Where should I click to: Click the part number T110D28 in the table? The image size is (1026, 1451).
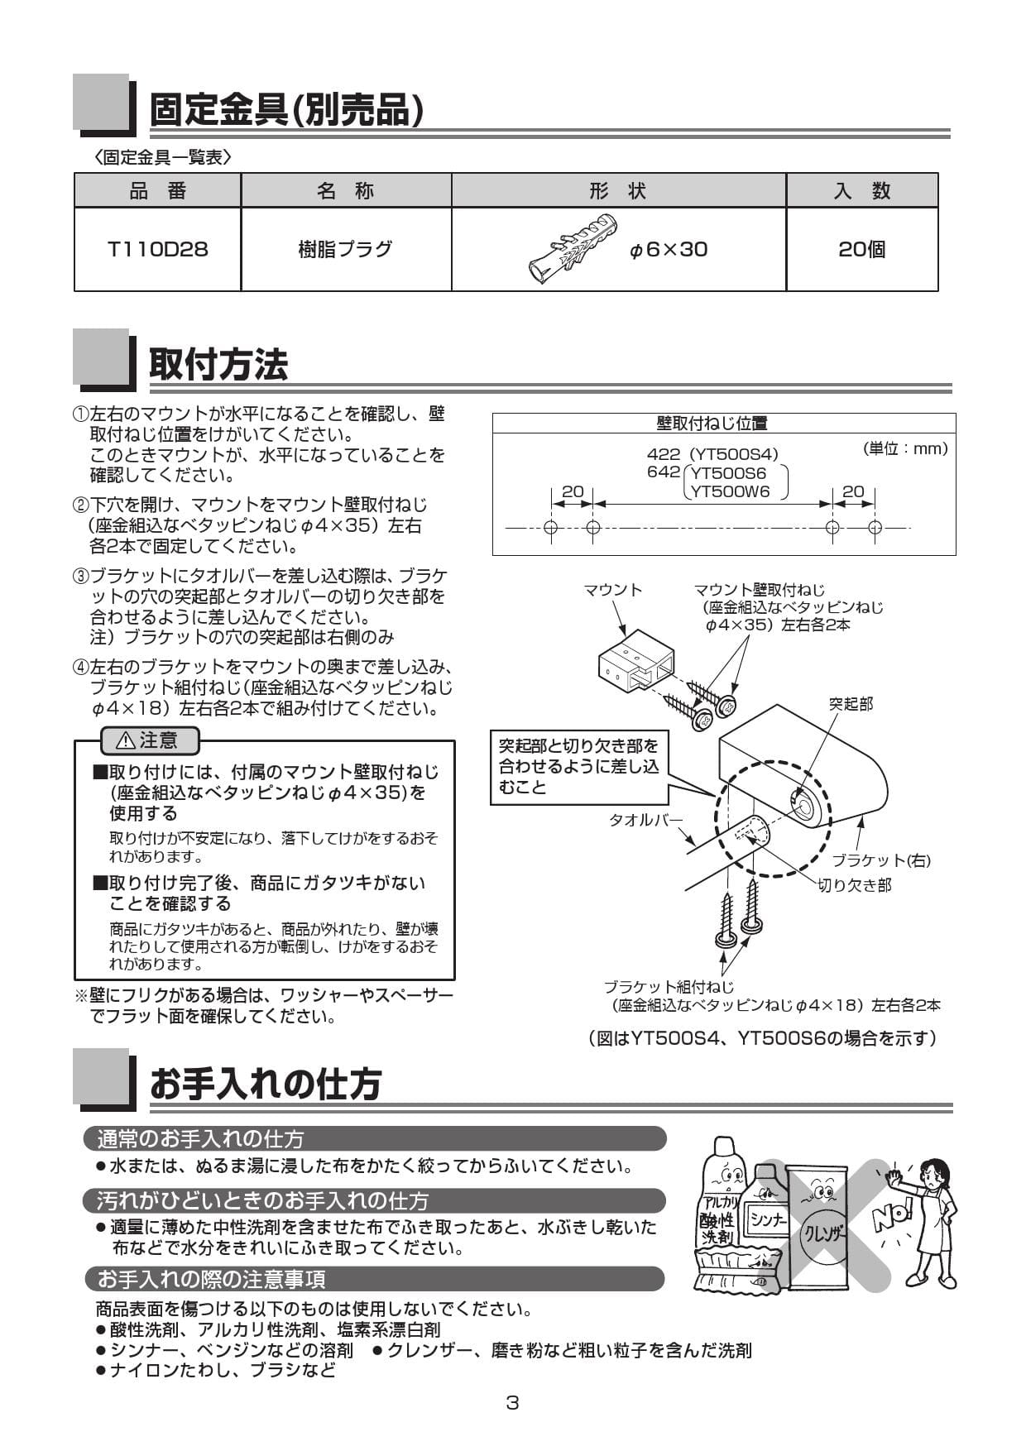click(x=157, y=249)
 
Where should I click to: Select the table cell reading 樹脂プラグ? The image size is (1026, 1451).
click(x=345, y=249)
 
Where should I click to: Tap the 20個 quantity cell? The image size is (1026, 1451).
click(x=861, y=249)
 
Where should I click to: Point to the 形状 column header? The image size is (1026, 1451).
click(x=617, y=190)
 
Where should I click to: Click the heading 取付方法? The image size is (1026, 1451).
click(x=218, y=365)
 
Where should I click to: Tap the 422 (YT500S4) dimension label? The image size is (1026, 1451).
click(x=712, y=453)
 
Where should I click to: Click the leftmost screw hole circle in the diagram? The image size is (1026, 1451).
click(x=551, y=528)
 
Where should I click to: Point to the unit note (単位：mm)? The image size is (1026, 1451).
click(x=904, y=448)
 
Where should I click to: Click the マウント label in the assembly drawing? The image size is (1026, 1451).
click(x=612, y=590)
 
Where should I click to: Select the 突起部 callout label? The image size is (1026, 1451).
click(x=851, y=704)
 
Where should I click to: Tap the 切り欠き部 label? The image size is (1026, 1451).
click(x=855, y=885)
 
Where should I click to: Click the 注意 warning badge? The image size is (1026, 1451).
click(x=149, y=740)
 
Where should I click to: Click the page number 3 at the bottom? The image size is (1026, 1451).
click(x=512, y=1403)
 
